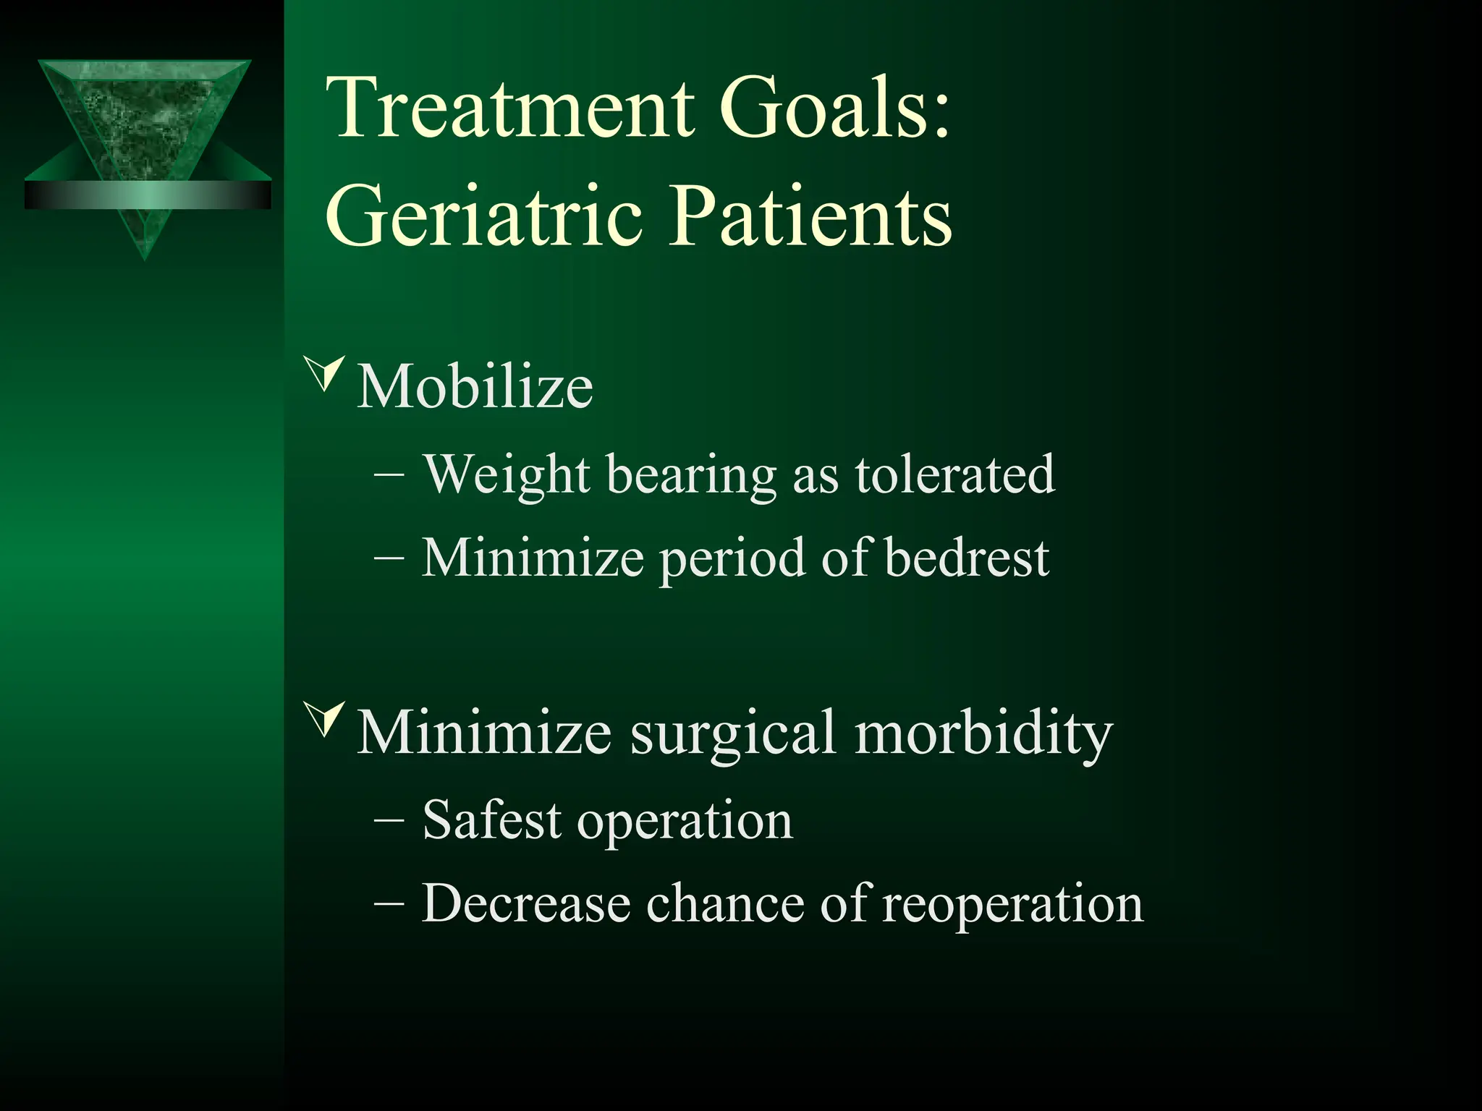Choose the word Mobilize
(475, 387)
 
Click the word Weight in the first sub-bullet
(507, 475)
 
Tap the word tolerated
(954, 475)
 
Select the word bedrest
(967, 558)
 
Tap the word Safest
(491, 820)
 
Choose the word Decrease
(525, 903)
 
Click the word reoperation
(1012, 903)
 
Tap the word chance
(724, 903)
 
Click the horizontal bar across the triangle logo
(148, 195)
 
